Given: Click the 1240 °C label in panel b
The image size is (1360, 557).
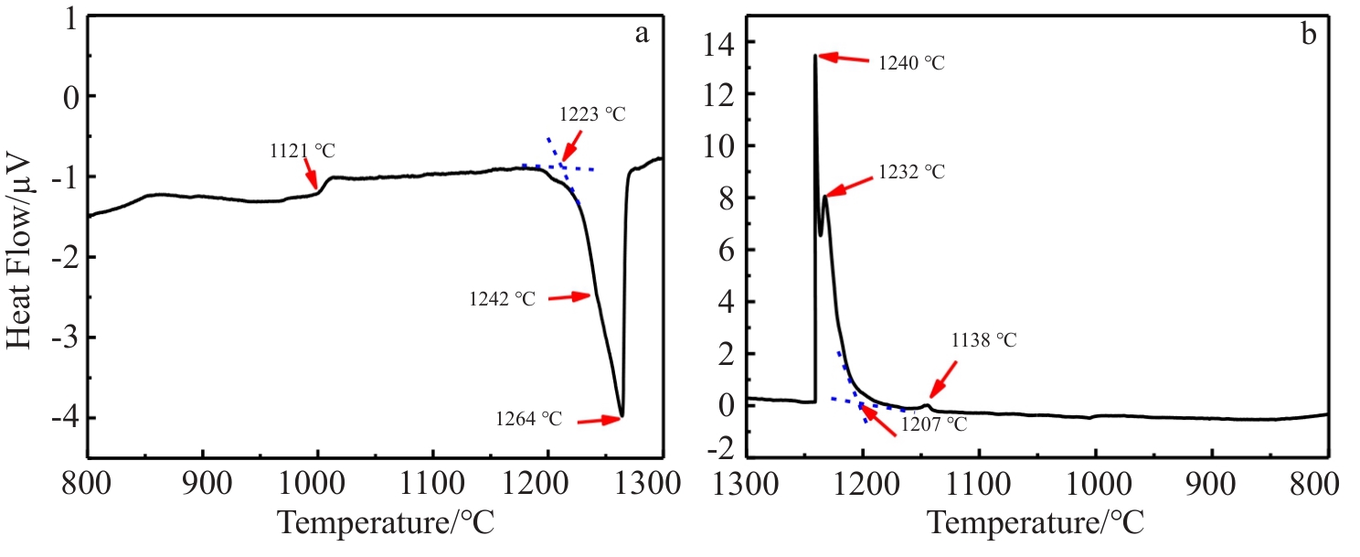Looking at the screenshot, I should (911, 63).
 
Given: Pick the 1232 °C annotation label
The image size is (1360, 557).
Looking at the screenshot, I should (911, 172).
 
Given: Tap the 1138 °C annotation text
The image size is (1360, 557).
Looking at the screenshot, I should (983, 340).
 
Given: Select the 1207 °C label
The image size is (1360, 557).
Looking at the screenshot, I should (933, 423).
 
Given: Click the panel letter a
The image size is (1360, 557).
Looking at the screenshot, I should (642, 35).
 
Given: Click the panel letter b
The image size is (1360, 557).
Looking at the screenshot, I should (1309, 35).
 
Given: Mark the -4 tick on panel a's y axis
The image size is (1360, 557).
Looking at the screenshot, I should (60, 419).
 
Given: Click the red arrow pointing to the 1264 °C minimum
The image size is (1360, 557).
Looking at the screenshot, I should (600, 420).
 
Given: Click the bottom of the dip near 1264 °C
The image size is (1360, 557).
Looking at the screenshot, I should (622, 416).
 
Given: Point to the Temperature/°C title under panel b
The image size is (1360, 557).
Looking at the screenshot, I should (1035, 524).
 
